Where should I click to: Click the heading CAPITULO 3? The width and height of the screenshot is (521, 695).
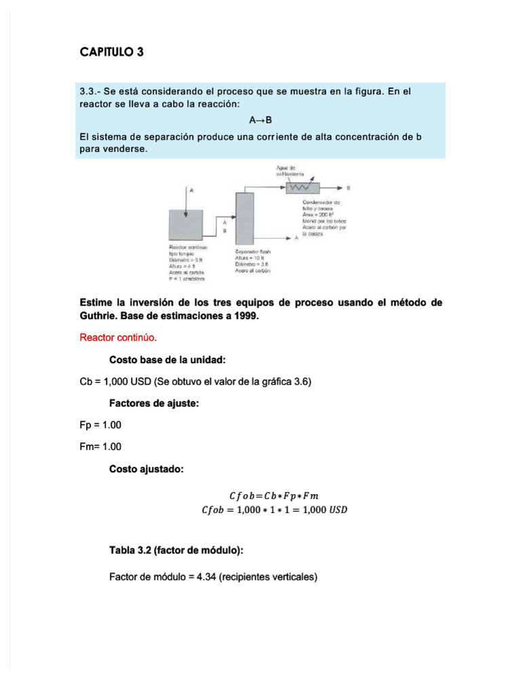[112, 52]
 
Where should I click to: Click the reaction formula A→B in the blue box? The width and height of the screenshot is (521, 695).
[260, 120]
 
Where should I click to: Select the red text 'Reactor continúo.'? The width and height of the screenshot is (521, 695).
[118, 337]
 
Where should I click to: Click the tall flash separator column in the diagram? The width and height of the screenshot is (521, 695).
[244, 217]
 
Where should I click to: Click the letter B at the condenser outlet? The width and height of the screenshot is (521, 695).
[348, 186]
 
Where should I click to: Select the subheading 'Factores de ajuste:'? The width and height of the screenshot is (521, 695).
[153, 403]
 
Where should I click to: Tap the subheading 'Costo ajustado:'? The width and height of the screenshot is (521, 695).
[146, 468]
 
